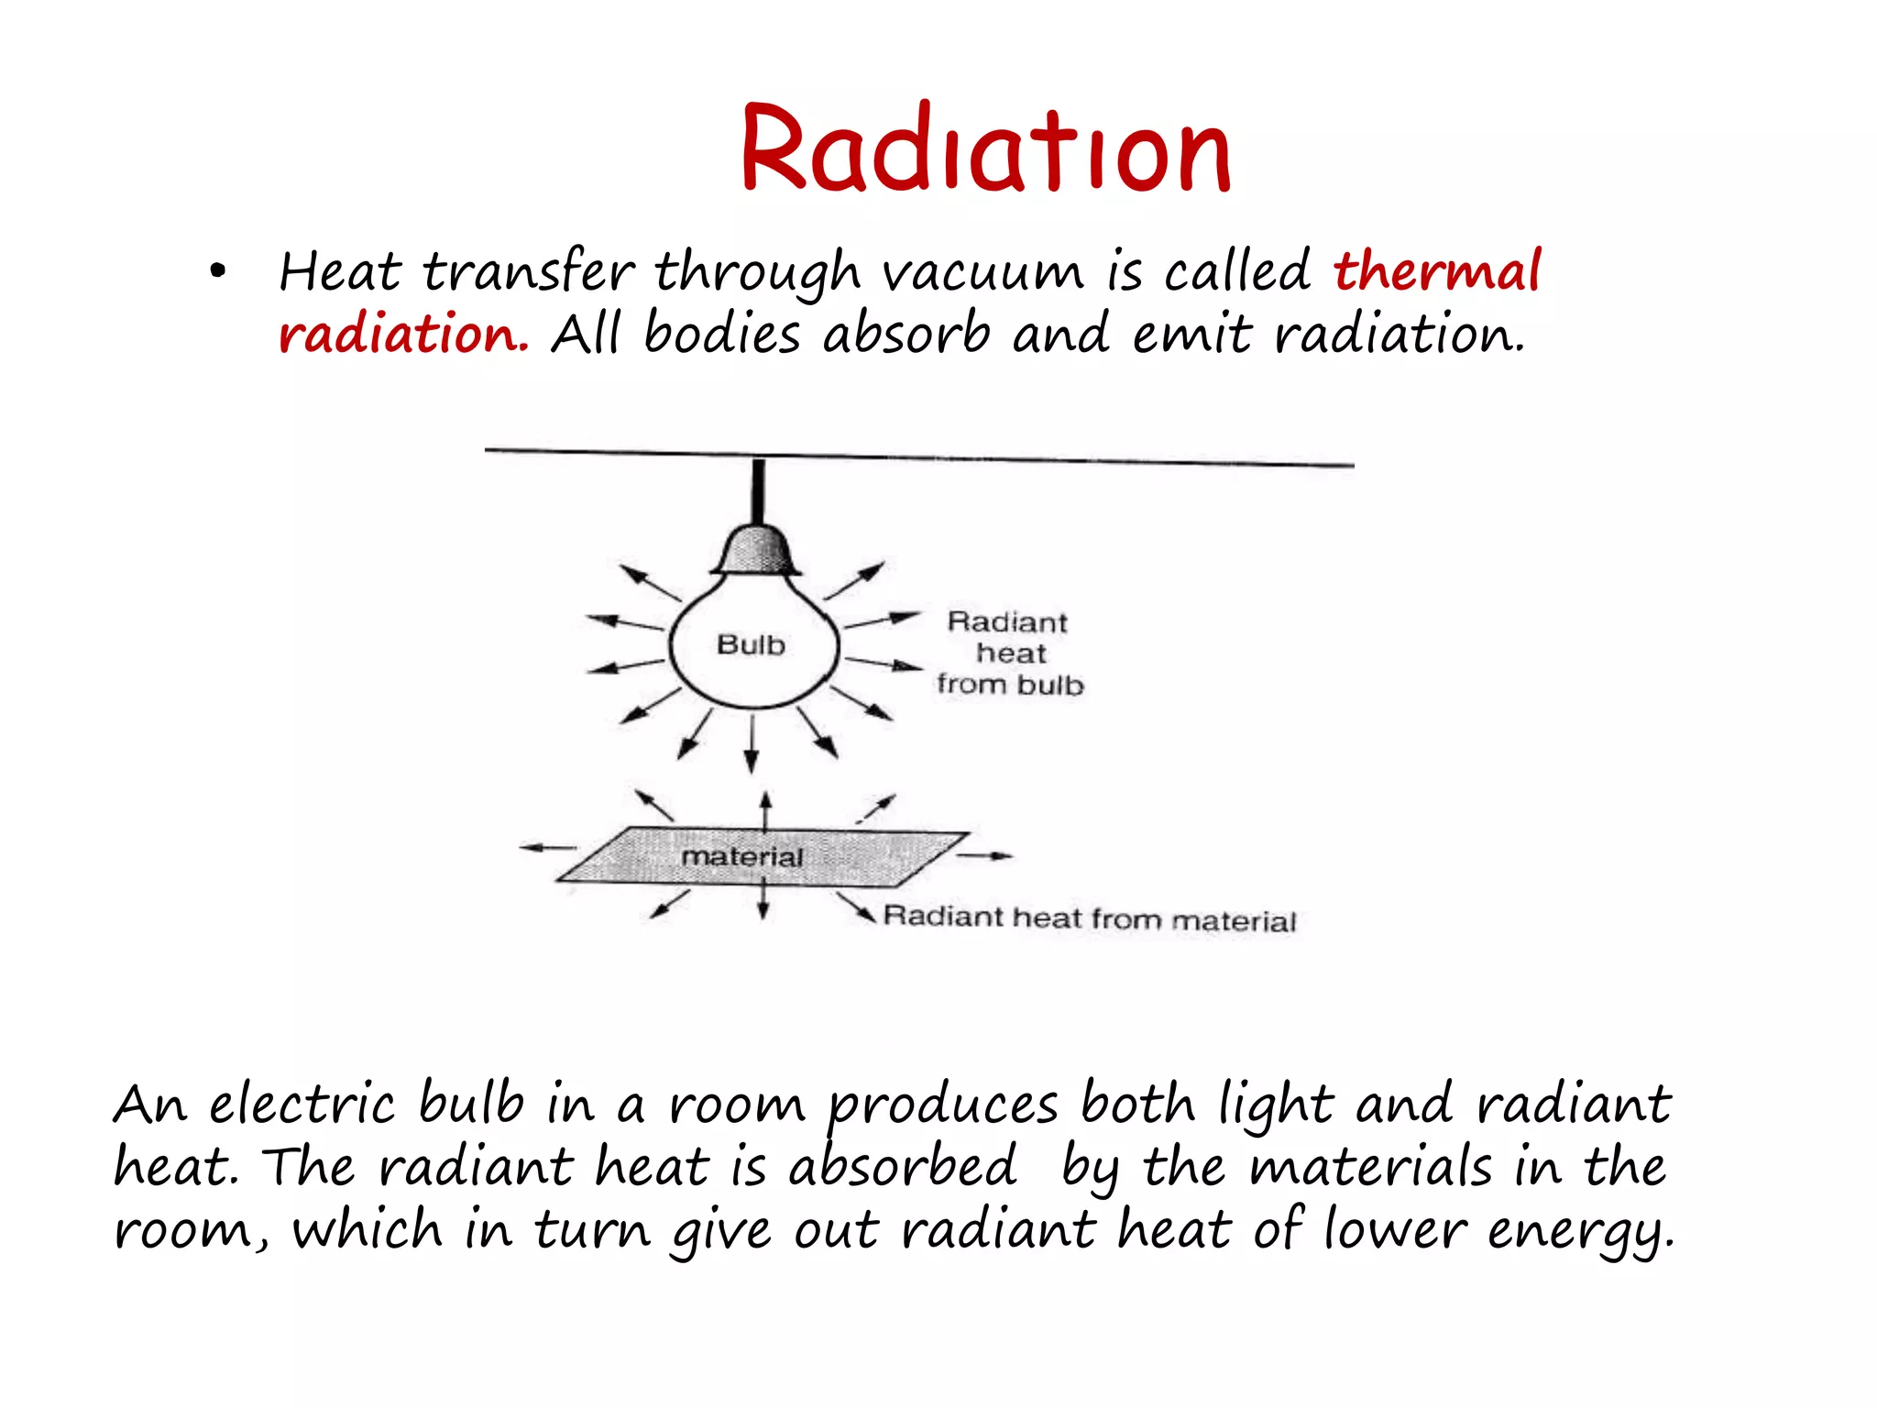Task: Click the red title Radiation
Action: (985, 149)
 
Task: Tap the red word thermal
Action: (1437, 271)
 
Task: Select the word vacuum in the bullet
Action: (982, 273)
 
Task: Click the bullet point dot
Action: (217, 271)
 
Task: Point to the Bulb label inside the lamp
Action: (751, 645)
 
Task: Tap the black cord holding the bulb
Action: (758, 491)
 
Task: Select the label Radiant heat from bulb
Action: (1009, 654)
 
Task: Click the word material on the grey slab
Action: (741, 857)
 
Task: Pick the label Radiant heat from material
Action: (1090, 918)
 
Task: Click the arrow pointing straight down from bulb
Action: (752, 744)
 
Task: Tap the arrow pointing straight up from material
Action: (766, 812)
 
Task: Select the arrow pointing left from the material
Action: (548, 848)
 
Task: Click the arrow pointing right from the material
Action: (985, 856)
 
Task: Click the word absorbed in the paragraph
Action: (903, 1166)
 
